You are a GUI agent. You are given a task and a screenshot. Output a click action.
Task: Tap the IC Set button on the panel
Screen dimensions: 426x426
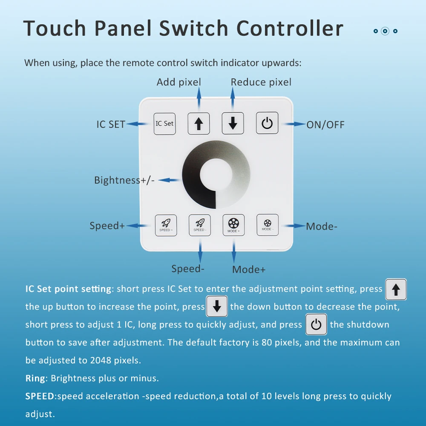tap(164, 124)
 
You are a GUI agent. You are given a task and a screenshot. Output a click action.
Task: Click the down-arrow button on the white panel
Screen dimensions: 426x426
tap(233, 124)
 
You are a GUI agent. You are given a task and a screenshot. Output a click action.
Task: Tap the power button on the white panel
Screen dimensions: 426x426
tap(267, 124)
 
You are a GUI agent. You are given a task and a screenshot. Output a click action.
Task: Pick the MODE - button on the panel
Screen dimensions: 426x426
tap(267, 225)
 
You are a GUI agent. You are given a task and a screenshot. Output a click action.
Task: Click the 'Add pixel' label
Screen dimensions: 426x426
tap(178, 82)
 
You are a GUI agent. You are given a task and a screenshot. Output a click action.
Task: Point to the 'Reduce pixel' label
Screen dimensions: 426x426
tap(261, 82)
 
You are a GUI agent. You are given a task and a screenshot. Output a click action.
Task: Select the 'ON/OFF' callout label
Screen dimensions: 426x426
tap(325, 125)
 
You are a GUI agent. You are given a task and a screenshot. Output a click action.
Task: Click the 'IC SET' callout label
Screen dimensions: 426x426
tap(111, 124)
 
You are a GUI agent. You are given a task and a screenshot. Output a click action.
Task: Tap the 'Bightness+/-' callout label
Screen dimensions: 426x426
tap(124, 180)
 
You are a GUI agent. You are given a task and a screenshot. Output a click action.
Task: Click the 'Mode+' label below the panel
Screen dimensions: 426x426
tap(249, 270)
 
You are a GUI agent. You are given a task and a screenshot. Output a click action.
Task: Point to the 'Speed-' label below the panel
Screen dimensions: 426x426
tap(188, 269)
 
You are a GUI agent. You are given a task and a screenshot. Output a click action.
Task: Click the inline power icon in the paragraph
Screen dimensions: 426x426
tap(316, 325)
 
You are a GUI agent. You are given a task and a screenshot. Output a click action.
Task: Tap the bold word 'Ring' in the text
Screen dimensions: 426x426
tap(35, 378)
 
